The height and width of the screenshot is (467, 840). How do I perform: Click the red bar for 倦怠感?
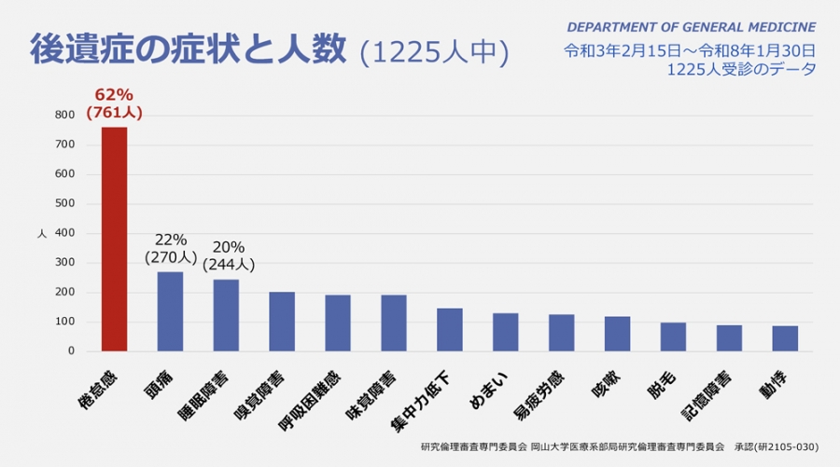[x=114, y=240]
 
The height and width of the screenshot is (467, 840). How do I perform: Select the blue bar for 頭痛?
[x=170, y=311]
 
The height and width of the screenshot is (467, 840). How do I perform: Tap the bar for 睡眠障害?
[x=226, y=315]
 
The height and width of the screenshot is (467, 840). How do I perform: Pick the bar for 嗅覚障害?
[x=282, y=322]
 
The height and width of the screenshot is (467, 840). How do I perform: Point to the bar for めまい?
[x=506, y=332]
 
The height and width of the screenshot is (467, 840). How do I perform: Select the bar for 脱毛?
[x=673, y=337]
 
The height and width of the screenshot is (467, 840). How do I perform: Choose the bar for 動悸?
[x=785, y=338]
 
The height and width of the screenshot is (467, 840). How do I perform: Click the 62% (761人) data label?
[x=114, y=103]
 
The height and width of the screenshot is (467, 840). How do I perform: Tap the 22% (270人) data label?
[x=170, y=248]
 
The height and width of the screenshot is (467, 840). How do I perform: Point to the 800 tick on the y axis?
[x=64, y=115]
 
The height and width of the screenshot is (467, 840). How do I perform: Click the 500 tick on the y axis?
[x=64, y=203]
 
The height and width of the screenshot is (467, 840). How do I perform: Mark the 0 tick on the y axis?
[x=71, y=351]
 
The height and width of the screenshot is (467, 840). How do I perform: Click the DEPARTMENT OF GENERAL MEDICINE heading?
[x=691, y=27]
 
